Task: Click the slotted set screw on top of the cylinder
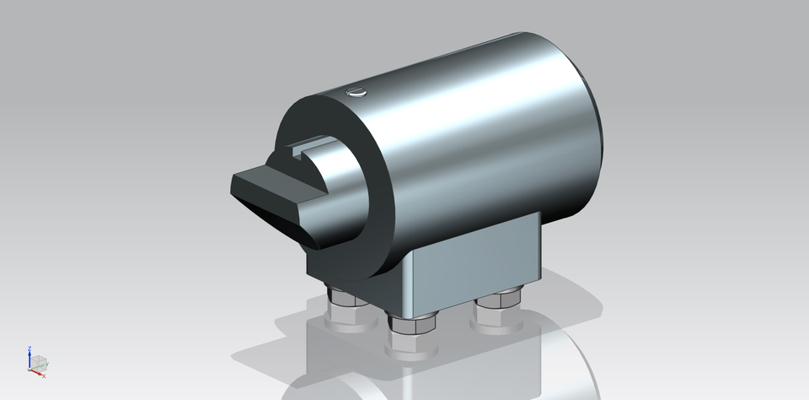click(357, 93)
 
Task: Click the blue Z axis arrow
click(29, 357)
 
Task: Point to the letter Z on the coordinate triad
click(29, 348)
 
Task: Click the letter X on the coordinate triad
click(44, 376)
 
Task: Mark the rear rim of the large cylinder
click(600, 127)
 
